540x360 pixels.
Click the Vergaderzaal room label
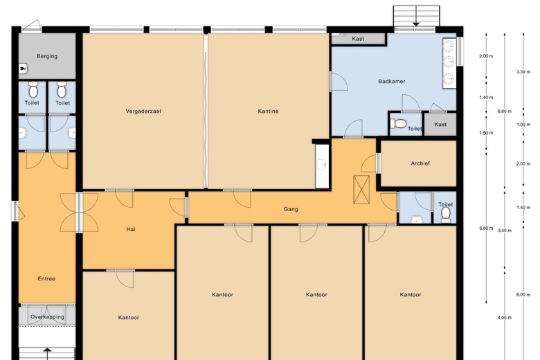(143, 111)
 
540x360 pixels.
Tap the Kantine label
(268, 111)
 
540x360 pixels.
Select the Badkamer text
(391, 82)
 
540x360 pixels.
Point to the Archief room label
(420, 163)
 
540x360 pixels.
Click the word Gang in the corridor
(291, 208)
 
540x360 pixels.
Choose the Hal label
(130, 229)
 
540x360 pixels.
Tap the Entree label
(46, 279)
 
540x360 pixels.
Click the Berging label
(47, 56)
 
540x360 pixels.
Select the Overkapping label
(47, 317)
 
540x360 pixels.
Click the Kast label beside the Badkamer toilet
(440, 125)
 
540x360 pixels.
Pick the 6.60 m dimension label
(486, 228)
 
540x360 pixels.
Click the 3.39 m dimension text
(523, 72)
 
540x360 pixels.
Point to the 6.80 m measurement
(505, 111)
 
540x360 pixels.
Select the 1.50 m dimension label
(486, 133)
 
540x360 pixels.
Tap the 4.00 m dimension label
(505, 318)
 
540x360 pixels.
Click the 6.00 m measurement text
(523, 294)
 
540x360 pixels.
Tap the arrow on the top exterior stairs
(416, 24)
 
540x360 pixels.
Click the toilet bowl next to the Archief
(445, 215)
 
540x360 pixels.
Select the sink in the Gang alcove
(322, 165)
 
